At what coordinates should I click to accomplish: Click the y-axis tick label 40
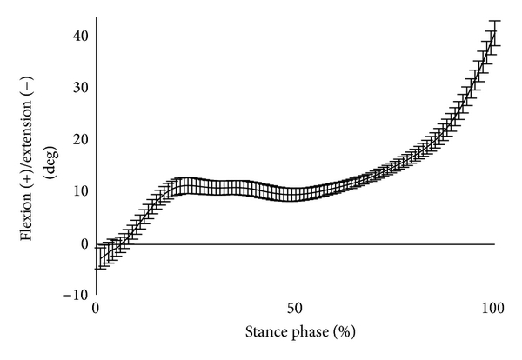coord(79,36)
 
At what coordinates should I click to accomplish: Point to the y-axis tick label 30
coord(79,88)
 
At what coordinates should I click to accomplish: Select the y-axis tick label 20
coord(79,140)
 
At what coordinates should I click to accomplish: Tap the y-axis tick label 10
coord(79,191)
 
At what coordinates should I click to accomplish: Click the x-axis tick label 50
coord(295,310)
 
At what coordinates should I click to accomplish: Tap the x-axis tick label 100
coord(493,310)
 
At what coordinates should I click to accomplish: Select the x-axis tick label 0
coord(96,310)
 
